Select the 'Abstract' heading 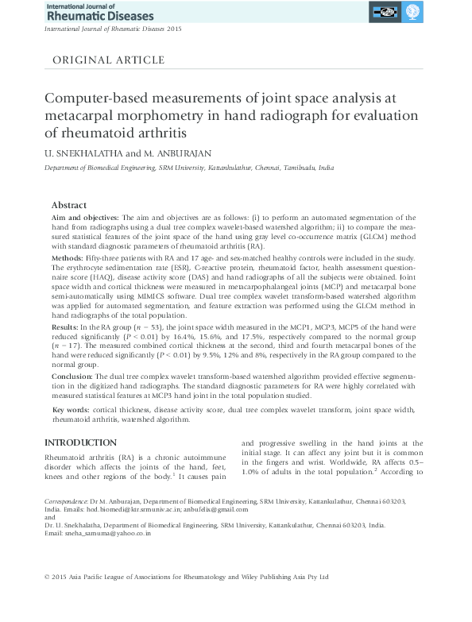point(68,205)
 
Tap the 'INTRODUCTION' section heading point(80,442)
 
